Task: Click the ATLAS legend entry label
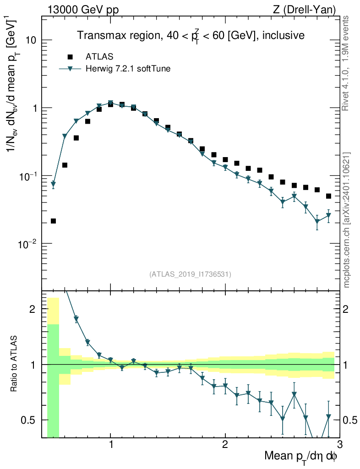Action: [x=99, y=57]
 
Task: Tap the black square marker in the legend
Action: [x=70, y=57]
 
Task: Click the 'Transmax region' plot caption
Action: [x=191, y=35]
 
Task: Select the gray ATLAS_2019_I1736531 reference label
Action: [x=190, y=274]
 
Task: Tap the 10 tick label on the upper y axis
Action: [x=31, y=40]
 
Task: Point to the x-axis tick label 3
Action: [x=339, y=445]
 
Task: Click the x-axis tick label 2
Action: [x=225, y=445]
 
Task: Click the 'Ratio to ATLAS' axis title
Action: [x=14, y=365]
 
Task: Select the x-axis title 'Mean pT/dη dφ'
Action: [x=301, y=456]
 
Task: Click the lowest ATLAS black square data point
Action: [x=53, y=221]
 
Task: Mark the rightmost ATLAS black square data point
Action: [x=328, y=196]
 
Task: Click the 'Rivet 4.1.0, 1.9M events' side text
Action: [x=346, y=62]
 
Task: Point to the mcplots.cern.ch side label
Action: [x=347, y=220]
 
